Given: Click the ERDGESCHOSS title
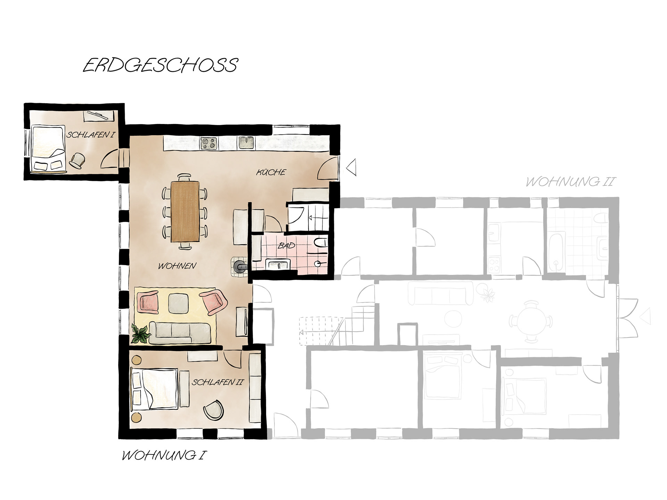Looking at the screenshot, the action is [x=160, y=65].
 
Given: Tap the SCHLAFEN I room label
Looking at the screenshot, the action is [x=90, y=135].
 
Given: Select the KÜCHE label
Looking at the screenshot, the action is [x=271, y=172].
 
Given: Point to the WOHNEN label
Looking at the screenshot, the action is [x=177, y=266].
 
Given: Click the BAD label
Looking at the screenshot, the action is [x=286, y=245].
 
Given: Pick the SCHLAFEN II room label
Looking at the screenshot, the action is [x=218, y=382].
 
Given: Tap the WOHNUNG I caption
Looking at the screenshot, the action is [x=162, y=455].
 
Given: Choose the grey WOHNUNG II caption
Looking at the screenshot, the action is [x=570, y=181].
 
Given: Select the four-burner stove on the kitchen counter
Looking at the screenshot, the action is [x=209, y=143].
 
